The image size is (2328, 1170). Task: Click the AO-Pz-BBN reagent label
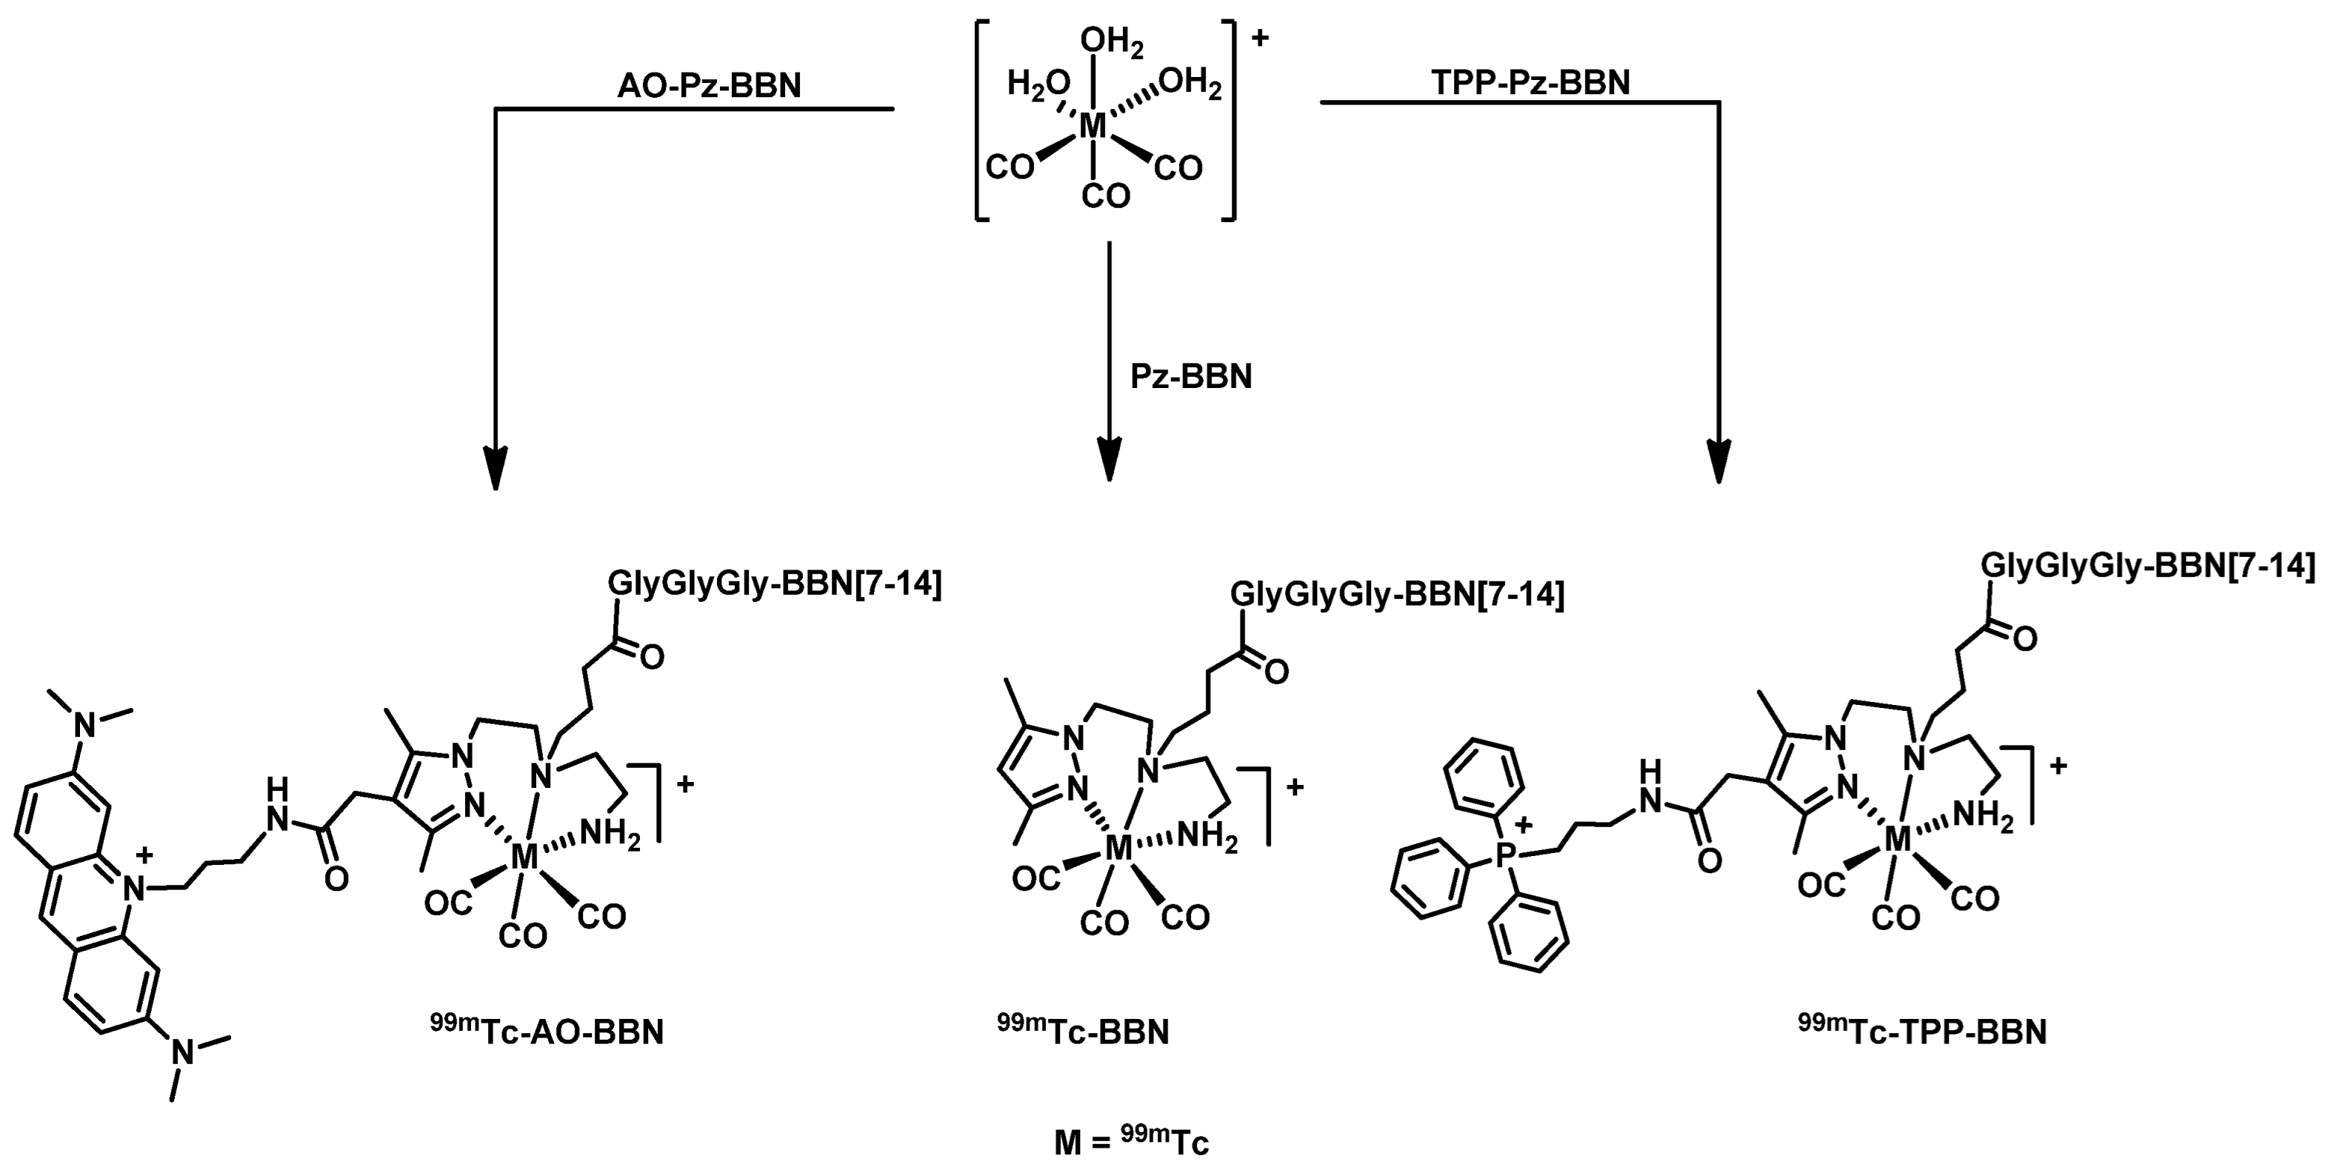click(709, 86)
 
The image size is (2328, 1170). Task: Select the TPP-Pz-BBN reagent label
click(1531, 82)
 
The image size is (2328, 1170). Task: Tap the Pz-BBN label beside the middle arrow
click(1191, 376)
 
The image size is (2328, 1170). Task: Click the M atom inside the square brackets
click(1093, 127)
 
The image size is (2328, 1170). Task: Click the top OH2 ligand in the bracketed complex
click(1111, 41)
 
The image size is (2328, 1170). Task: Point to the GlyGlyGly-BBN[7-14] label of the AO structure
click(775, 584)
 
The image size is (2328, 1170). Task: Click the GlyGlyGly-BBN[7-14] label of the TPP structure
click(2148, 566)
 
